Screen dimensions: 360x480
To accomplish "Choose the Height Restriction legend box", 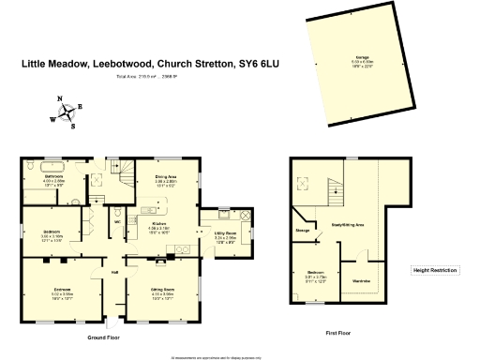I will click(x=435, y=271).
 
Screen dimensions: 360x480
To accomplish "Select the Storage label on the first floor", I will click(x=303, y=229).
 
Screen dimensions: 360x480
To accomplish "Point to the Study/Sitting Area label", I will click(x=348, y=225).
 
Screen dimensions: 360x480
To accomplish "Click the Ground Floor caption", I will click(x=104, y=337).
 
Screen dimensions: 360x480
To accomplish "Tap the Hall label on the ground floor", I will click(x=115, y=273).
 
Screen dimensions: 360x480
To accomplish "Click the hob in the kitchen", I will click(x=183, y=248).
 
